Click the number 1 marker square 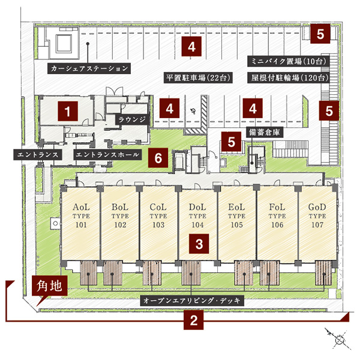click(x=69, y=111)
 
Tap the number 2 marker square click(x=193, y=320)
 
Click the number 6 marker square click(x=158, y=158)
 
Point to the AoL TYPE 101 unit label click(x=80, y=217)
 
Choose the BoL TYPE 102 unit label click(x=120, y=217)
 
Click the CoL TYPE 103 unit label click(x=158, y=217)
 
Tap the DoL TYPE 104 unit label click(x=198, y=217)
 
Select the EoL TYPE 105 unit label click(x=237, y=217)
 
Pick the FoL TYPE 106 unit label click(x=277, y=217)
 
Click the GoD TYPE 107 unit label click(x=316, y=217)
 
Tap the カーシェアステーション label click(x=89, y=68)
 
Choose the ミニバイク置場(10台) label click(x=287, y=61)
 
